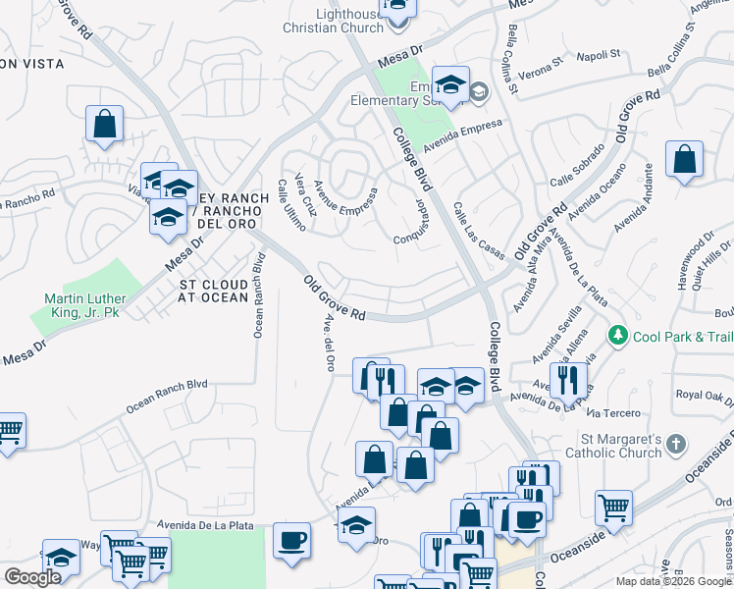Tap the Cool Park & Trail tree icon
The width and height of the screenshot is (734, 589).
[618, 337]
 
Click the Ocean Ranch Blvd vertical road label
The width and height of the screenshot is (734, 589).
[259, 295]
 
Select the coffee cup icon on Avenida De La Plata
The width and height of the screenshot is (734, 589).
[291, 540]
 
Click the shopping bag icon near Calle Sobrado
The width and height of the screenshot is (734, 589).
[685, 160]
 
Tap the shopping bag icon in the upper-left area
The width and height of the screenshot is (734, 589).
[104, 125]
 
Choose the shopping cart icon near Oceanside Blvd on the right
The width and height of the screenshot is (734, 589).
[613, 509]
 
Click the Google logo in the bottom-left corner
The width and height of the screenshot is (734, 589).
[32, 577]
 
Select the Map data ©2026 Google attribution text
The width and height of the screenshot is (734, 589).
[674, 581]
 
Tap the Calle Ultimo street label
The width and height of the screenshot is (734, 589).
[290, 204]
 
